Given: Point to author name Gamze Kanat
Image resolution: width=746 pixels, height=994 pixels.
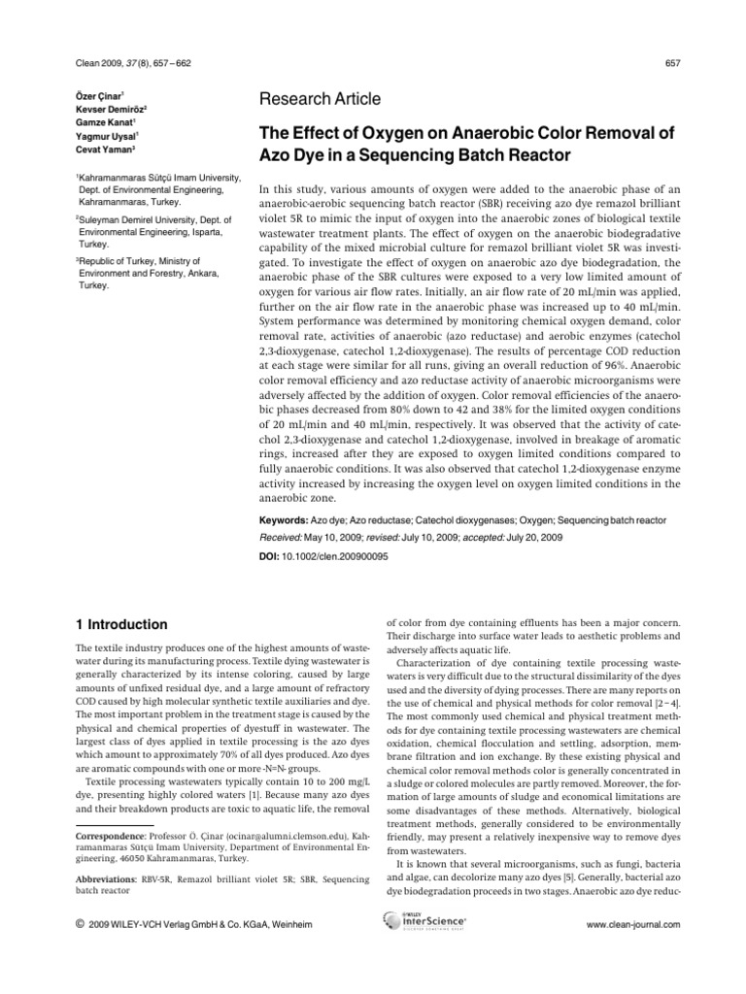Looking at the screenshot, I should (104, 122).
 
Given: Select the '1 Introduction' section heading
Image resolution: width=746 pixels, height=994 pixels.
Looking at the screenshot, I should (122, 624).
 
